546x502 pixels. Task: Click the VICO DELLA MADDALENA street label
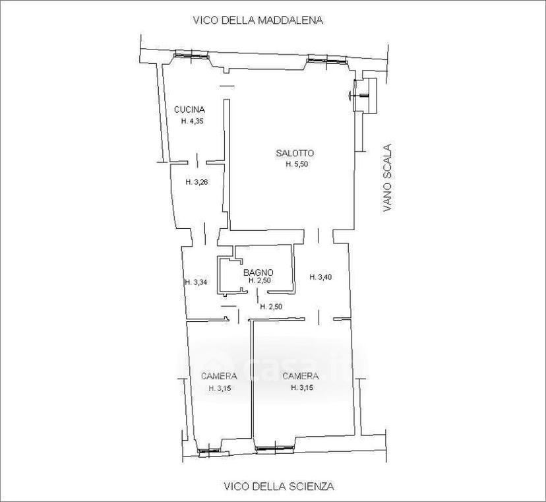tap(258, 20)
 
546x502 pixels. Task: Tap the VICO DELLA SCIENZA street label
tap(279, 486)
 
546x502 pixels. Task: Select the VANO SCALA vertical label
tap(387, 178)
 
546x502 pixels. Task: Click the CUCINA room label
tap(189, 110)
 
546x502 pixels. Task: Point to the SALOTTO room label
tap(295, 153)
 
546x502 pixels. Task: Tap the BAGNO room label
tap(258, 272)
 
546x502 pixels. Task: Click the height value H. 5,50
tap(297, 164)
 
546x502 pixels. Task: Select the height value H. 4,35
tap(192, 121)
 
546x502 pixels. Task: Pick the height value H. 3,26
tap(197, 182)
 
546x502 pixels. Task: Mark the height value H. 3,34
tap(196, 282)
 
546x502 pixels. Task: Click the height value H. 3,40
tap(320, 277)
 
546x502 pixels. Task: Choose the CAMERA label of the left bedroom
tap(219, 376)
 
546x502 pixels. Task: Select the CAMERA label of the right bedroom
tap(301, 376)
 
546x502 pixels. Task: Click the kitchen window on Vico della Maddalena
tap(191, 54)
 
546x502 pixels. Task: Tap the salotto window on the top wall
tap(326, 60)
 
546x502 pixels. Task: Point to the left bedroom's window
tap(209, 450)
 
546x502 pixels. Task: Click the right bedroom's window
tap(274, 448)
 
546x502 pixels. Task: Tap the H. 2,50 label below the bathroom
tap(271, 307)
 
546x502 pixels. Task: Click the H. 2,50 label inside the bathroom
tap(259, 280)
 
